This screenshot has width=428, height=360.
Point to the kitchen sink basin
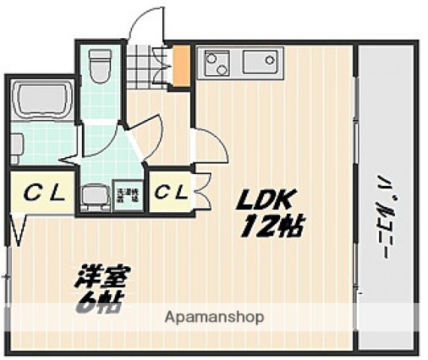261,61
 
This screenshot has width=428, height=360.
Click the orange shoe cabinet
180,66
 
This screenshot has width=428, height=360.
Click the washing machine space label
127,196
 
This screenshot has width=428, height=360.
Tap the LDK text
267,200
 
